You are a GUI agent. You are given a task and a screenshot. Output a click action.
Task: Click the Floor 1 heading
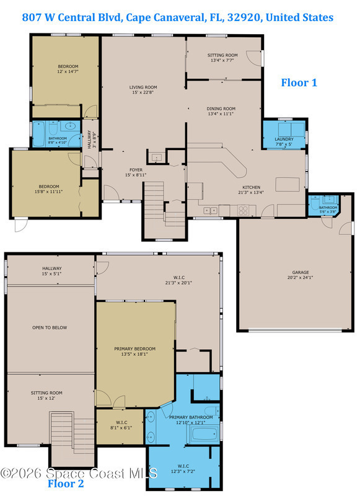pyautogui.click(x=299, y=82)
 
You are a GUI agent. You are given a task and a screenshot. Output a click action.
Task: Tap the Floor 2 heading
pyautogui.click(x=66, y=484)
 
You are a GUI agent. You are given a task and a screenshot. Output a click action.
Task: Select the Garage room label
pyautogui.click(x=301, y=272)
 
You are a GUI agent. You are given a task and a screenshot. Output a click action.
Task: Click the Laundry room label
pyautogui.click(x=284, y=139)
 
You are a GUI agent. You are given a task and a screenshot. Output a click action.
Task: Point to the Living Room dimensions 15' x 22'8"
pyautogui.click(x=143, y=92)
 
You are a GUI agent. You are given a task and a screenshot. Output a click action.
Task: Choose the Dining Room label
pyautogui.click(x=221, y=108)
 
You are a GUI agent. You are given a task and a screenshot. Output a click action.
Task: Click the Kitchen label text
pyautogui.click(x=252, y=187)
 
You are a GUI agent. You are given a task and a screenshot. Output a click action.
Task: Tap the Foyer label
pyautogui.click(x=136, y=170)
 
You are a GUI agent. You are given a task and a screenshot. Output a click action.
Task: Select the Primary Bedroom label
pyautogui.click(x=134, y=348)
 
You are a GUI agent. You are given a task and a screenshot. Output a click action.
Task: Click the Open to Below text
pyautogui.click(x=50, y=328)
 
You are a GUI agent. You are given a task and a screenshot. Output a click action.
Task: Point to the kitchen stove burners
pyautogui.click(x=243, y=211)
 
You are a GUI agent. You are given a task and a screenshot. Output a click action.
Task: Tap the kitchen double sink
pyautogui.click(x=210, y=210)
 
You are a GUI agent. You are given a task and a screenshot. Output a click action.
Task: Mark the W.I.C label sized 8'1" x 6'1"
pyautogui.click(x=121, y=425)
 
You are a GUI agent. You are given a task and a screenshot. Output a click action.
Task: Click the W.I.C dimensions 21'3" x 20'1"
pyautogui.click(x=178, y=283)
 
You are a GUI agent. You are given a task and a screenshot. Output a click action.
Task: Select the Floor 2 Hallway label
pyautogui.click(x=52, y=268)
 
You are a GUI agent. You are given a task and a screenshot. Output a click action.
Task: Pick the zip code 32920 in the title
pyautogui.click(x=244, y=17)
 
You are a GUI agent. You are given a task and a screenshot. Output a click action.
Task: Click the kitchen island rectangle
pyautogui.click(x=288, y=184)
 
